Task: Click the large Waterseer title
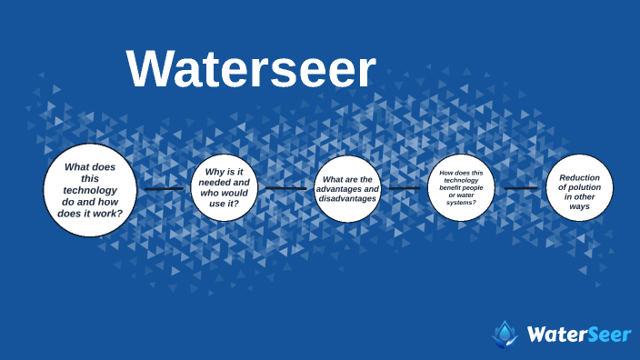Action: pos(250,69)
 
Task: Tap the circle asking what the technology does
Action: pos(90,190)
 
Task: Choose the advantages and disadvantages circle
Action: pos(346,188)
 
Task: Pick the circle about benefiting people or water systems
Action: pos(461,188)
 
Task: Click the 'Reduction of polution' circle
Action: pos(579,188)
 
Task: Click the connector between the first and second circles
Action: pos(164,189)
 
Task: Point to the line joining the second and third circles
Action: pos(285,188)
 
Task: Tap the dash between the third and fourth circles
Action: pos(405,188)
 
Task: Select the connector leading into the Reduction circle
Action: pos(521,188)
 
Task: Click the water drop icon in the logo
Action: pos(505,334)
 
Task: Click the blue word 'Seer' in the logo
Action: pos(606,335)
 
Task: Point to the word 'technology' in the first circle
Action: pos(90,190)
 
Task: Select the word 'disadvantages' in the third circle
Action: pos(346,198)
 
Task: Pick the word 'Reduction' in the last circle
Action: pos(579,178)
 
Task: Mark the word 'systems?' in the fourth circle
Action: pos(461,203)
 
